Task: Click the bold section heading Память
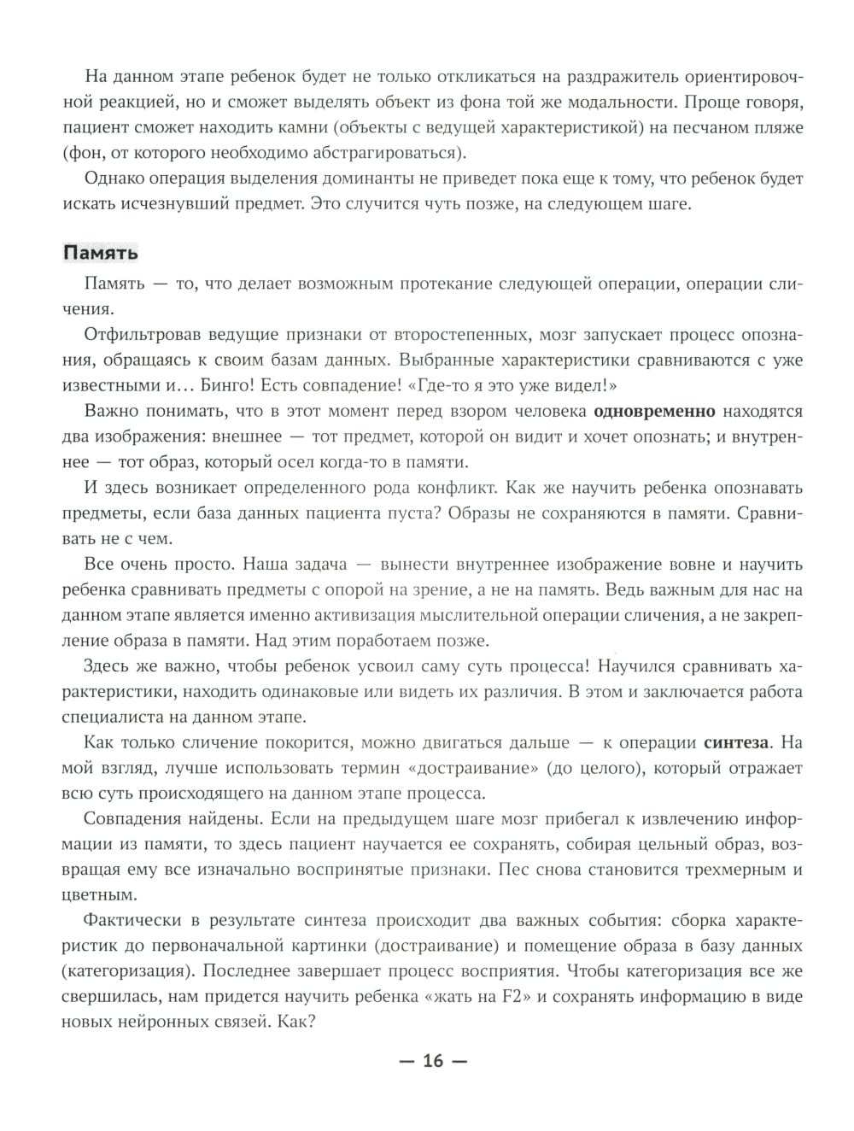pyautogui.click(x=101, y=253)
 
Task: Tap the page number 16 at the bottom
pyautogui.click(x=433, y=1061)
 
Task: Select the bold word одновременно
pyautogui.click(x=654, y=411)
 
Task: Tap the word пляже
pyautogui.click(x=774, y=128)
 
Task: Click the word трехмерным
pyautogui.click(x=728, y=870)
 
